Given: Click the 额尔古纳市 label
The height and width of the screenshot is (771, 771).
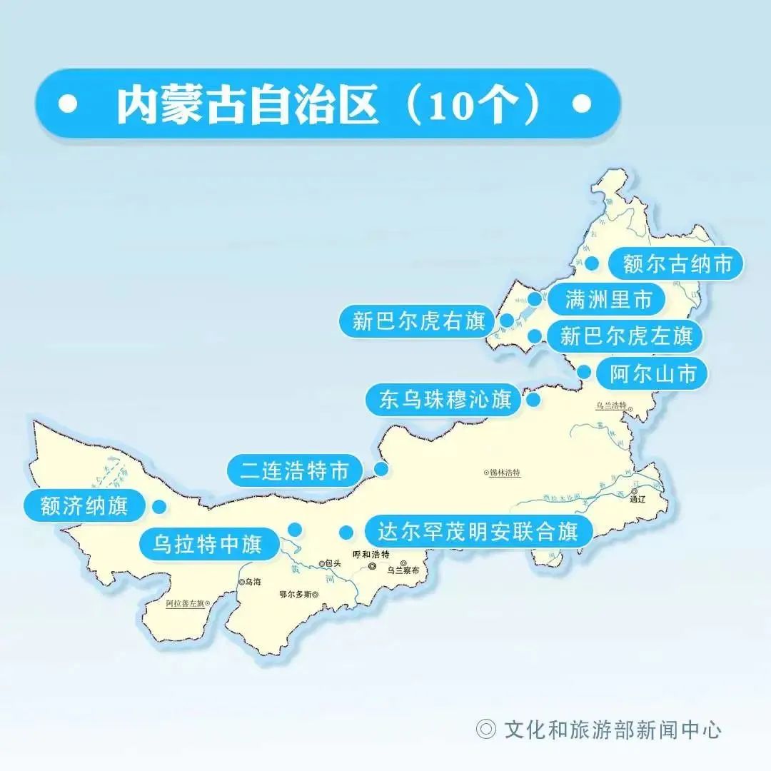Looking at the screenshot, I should tap(677, 264).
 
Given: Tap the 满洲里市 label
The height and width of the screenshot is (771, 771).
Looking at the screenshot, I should tap(608, 300).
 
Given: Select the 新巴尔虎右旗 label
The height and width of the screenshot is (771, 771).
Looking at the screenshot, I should tap(418, 321).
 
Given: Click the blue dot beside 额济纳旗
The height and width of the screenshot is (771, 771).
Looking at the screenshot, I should tap(158, 506).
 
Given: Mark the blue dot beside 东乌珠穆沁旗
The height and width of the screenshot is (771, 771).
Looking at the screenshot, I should tap(533, 400).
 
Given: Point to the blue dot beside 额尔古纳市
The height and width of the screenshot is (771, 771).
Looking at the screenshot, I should tap(593, 263).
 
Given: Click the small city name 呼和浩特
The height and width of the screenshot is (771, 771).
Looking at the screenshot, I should tap(371, 555).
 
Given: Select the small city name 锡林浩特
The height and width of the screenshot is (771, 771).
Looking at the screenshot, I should tap(505, 473).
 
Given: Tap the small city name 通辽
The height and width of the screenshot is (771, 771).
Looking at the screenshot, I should tap(637, 500).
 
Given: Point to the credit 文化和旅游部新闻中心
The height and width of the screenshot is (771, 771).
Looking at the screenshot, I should tap(612, 729).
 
